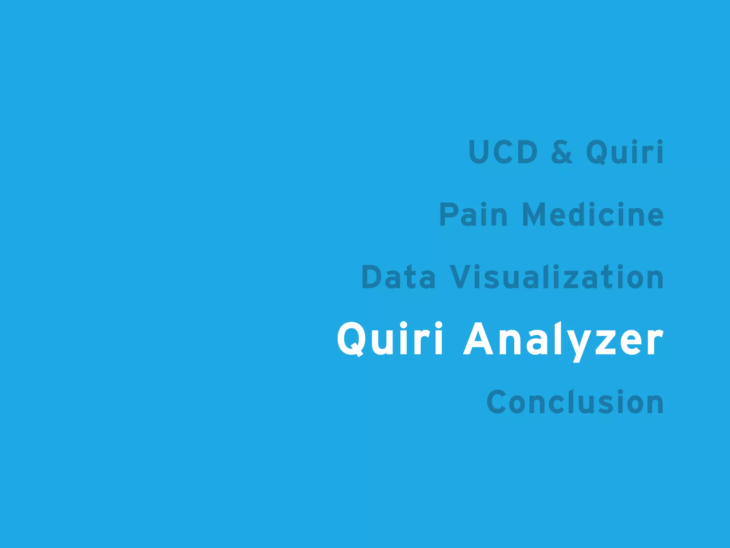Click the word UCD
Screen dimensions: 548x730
click(x=503, y=152)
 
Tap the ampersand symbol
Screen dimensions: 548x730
click(x=562, y=152)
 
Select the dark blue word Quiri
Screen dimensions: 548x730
click(x=625, y=153)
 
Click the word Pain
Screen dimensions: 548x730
click(x=473, y=214)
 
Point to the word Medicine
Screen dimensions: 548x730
click(x=593, y=214)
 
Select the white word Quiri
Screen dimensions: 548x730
click(x=390, y=339)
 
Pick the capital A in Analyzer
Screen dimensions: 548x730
click(x=478, y=339)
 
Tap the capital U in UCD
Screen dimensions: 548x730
click(x=480, y=152)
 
